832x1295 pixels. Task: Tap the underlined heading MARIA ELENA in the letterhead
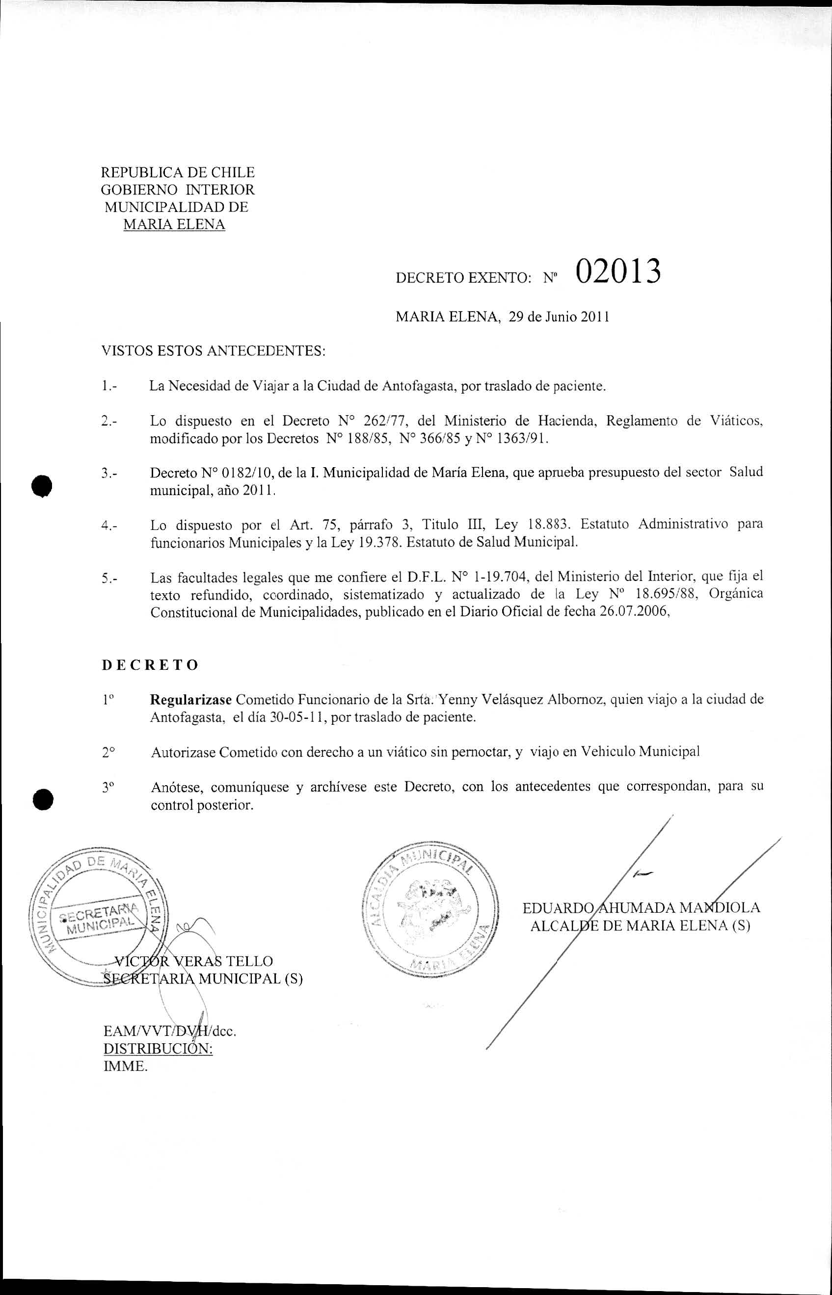coord(174,225)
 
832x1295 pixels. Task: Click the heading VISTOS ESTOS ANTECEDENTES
coord(214,351)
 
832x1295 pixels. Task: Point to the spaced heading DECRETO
coord(150,665)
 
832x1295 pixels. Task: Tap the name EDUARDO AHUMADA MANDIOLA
coord(641,907)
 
